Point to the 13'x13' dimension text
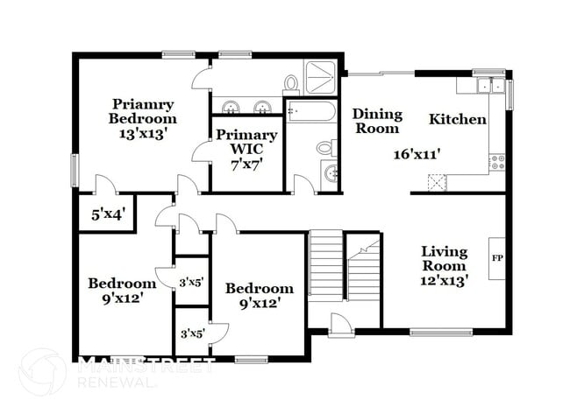(142, 134)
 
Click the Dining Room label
(377, 121)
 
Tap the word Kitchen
(457, 119)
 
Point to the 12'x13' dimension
(444, 281)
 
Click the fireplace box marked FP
(496, 258)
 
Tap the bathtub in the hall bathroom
(310, 113)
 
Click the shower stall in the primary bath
(322, 76)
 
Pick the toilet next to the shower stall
(291, 83)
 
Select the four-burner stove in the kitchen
(497, 162)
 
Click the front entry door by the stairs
(340, 325)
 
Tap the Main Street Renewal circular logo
(41, 372)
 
